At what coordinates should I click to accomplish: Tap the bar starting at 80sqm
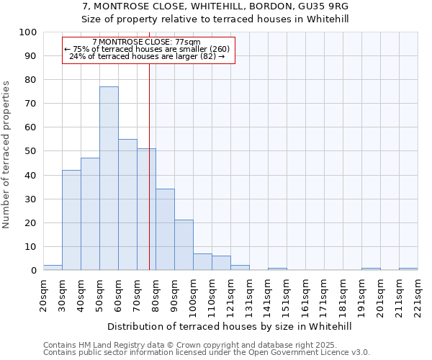tap(165, 230)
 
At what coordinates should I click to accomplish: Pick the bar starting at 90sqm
tap(184, 245)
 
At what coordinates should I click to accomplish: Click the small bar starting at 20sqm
tap(53, 268)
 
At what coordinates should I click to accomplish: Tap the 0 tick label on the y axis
tap(34, 271)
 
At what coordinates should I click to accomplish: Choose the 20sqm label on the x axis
tap(44, 294)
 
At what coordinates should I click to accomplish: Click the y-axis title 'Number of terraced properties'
tap(7, 154)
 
